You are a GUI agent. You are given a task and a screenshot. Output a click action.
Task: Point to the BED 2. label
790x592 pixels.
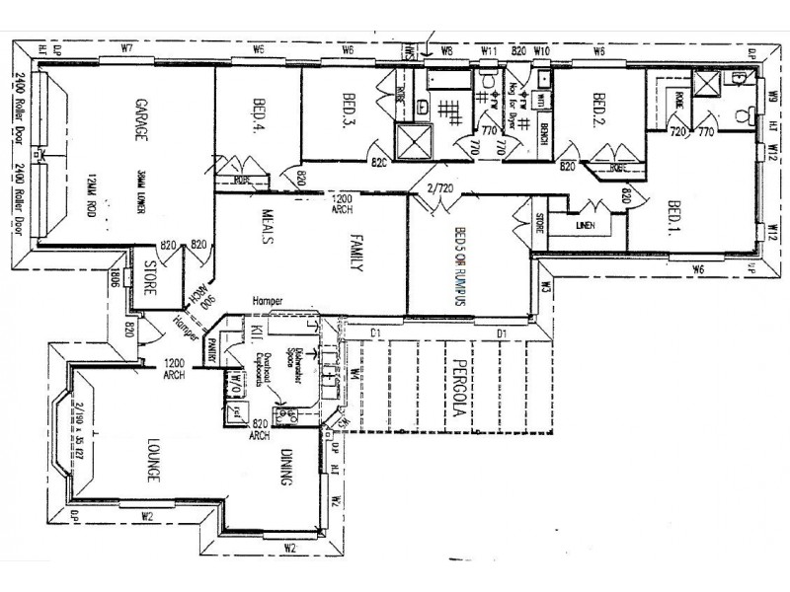coord(598,106)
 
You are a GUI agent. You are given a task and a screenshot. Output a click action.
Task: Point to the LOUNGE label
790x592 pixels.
coord(154,460)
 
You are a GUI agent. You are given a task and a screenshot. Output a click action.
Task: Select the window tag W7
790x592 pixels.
coord(126,48)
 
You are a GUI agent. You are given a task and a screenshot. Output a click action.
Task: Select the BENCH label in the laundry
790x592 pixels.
coord(543,128)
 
